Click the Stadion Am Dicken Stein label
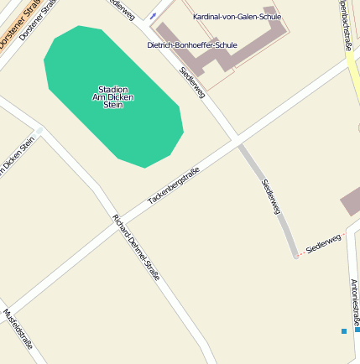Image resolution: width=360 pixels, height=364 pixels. click(112, 96)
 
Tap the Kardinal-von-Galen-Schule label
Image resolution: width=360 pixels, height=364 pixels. click(237, 17)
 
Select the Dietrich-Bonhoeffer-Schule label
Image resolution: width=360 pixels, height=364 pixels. click(191, 45)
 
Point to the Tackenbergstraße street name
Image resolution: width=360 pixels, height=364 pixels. click(174, 186)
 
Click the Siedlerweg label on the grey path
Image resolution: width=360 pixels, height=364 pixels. click(270, 196)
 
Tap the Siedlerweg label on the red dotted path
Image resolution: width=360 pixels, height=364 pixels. click(324, 244)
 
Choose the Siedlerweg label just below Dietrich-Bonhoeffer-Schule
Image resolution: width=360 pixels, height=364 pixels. click(192, 82)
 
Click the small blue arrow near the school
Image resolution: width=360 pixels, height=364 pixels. click(153, 15)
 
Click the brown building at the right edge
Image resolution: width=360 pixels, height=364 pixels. click(351, 201)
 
